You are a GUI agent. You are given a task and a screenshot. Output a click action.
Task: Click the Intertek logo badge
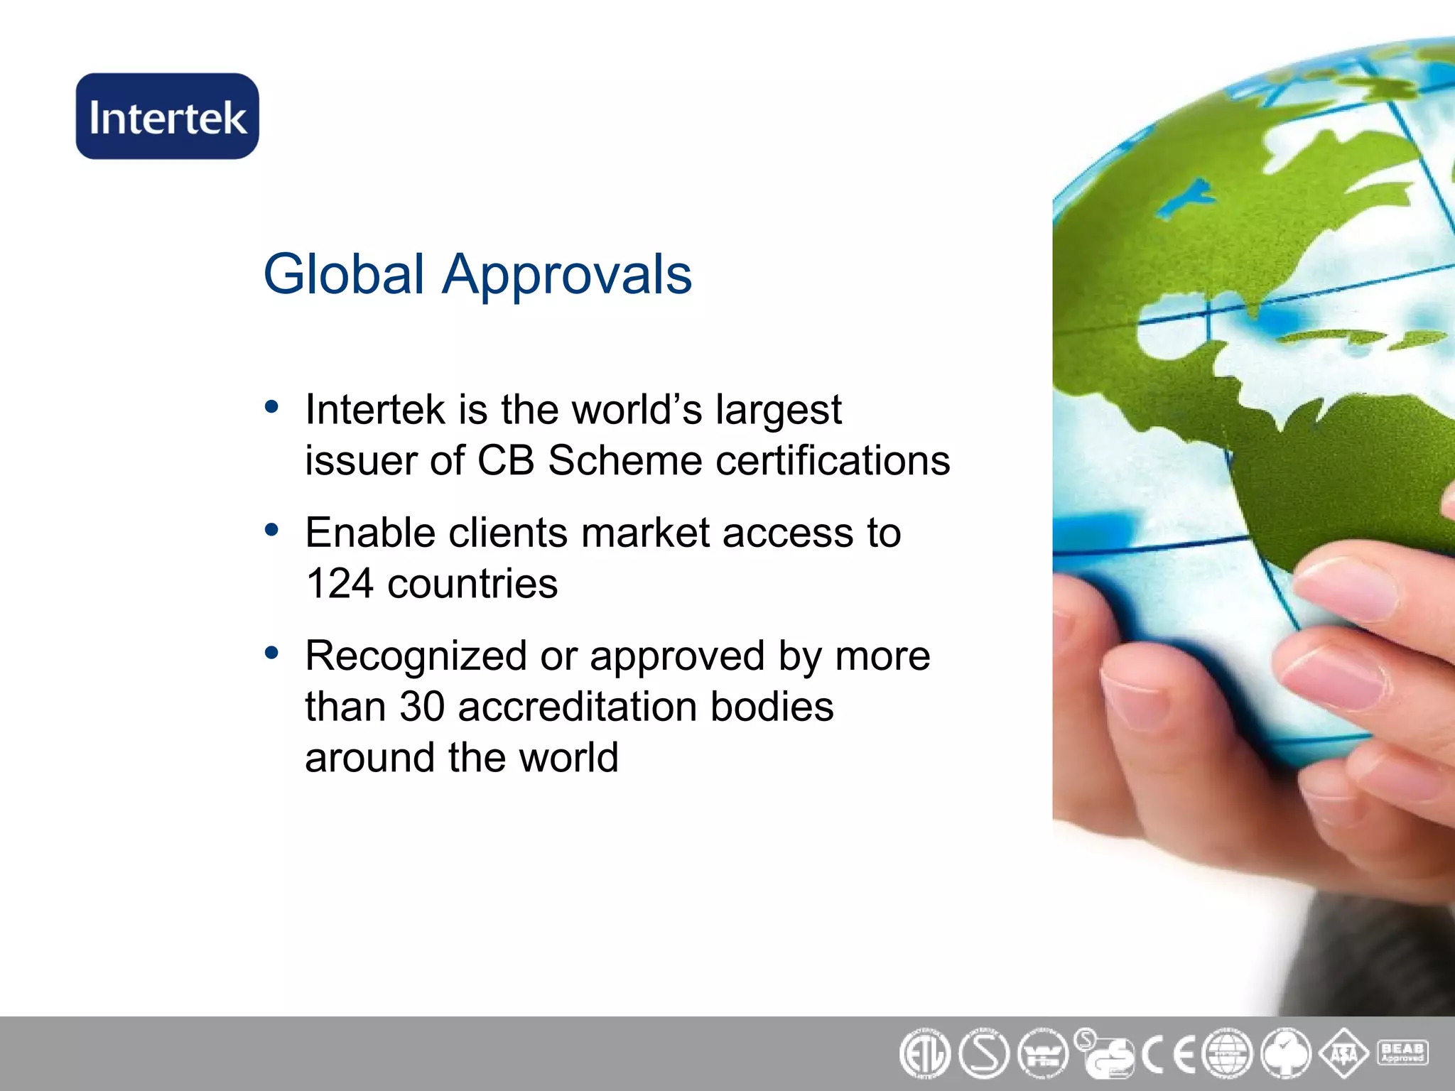click(x=168, y=116)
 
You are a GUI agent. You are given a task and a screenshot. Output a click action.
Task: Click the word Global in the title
click(x=344, y=274)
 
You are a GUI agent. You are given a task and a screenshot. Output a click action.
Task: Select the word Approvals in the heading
click(x=567, y=276)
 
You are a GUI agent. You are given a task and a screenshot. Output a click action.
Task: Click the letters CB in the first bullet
click(x=505, y=460)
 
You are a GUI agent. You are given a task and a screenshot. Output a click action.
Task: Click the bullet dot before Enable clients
click(x=271, y=530)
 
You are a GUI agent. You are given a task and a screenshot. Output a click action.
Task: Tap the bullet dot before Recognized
click(x=271, y=653)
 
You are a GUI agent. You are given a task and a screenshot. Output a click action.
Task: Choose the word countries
click(x=472, y=584)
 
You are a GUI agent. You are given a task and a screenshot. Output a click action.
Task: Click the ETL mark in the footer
click(x=924, y=1054)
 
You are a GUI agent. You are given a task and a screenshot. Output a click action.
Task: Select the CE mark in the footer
click(x=1169, y=1054)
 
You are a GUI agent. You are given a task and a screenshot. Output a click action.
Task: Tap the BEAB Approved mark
click(x=1402, y=1053)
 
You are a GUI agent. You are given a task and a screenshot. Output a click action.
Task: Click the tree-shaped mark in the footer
click(x=1286, y=1054)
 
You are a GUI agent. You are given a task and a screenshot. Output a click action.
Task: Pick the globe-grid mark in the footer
click(x=1227, y=1054)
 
